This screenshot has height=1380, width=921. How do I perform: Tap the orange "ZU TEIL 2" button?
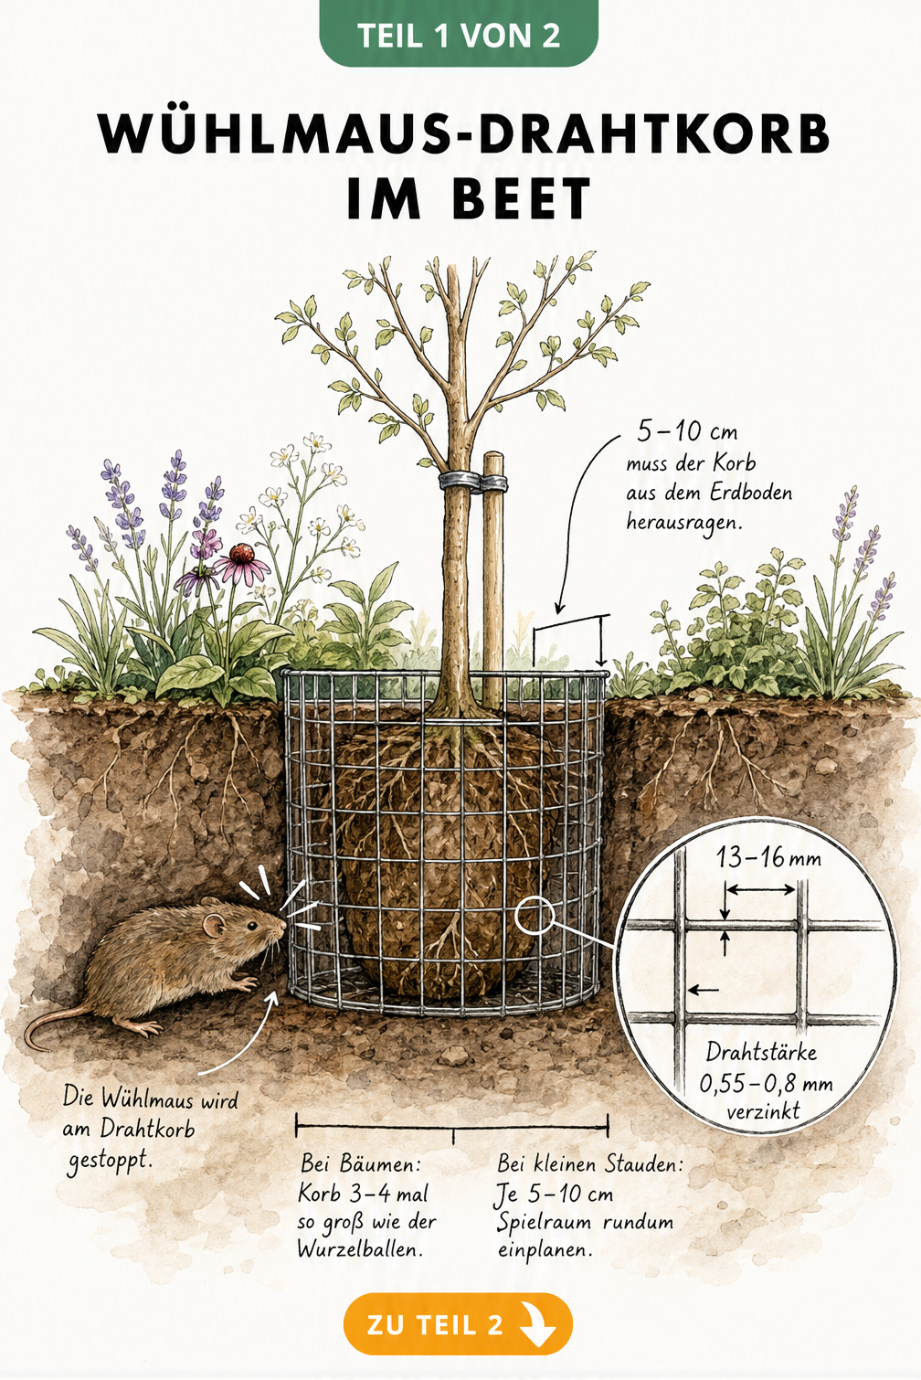458,1324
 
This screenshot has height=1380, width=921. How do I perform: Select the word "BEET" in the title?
522,198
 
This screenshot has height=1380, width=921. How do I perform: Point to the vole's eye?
251,926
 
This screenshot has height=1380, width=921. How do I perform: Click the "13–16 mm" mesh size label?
768,857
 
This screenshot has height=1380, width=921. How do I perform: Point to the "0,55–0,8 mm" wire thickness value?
766,1084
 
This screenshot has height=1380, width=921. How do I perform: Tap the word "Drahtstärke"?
761,1052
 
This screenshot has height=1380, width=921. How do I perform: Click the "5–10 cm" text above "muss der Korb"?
687,432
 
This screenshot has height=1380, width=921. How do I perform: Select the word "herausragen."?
684,523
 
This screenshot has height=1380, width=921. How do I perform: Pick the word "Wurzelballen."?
360,1248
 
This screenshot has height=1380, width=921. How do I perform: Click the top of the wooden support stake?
493,457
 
